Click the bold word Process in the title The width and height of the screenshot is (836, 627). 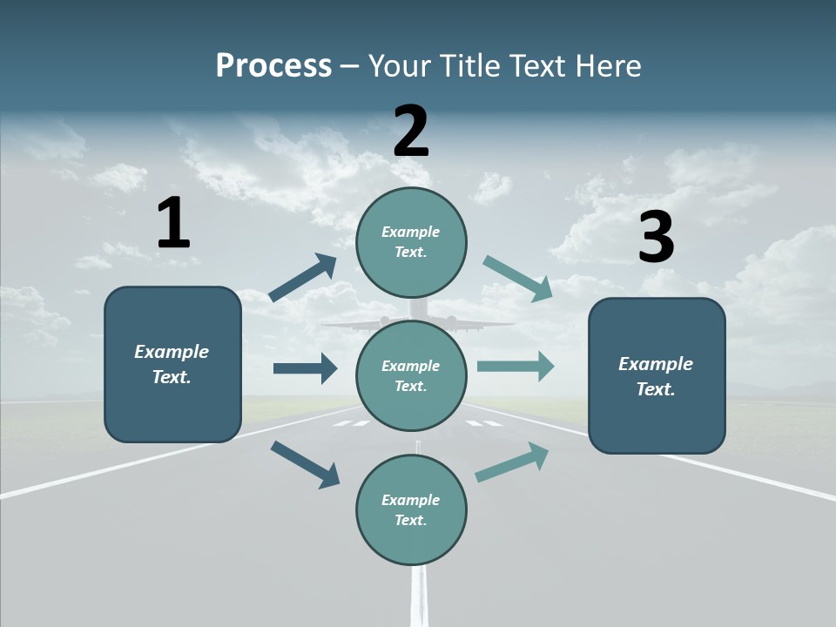click(x=273, y=66)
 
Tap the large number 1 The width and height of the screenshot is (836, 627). click(x=173, y=223)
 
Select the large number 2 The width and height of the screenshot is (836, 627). click(x=411, y=131)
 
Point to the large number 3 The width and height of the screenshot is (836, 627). click(x=657, y=238)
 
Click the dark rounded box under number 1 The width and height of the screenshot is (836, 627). click(x=172, y=364)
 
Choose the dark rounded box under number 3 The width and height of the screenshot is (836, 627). click(x=657, y=376)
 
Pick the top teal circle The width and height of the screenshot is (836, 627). click(x=411, y=242)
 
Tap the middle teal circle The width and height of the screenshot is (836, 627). click(x=411, y=375)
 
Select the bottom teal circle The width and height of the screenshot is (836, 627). click(x=411, y=509)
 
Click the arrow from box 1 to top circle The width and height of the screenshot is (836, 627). click(x=303, y=278)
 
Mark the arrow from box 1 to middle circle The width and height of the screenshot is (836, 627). click(x=305, y=368)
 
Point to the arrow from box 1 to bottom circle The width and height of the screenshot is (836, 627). click(x=305, y=464)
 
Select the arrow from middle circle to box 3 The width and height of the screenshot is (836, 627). click(x=516, y=366)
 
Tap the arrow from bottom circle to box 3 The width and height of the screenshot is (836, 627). click(x=513, y=462)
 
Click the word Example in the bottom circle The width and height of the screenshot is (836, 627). click(x=410, y=500)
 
